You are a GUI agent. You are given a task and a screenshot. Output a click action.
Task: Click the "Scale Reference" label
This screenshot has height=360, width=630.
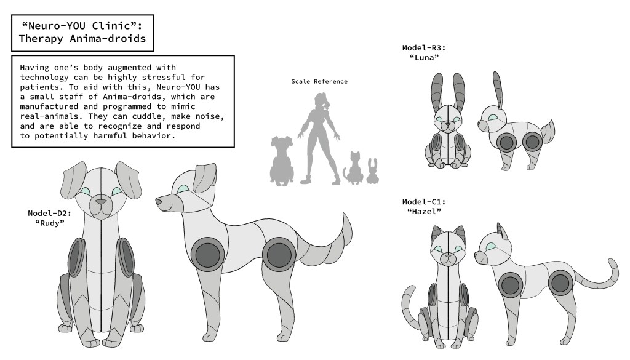coord(319,82)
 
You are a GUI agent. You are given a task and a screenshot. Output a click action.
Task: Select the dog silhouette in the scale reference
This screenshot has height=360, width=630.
coord(282,161)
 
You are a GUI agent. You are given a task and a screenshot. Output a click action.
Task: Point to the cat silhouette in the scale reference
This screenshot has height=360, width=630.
coord(354,169)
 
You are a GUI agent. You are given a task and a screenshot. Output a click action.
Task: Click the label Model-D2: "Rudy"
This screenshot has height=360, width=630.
coord(49,218)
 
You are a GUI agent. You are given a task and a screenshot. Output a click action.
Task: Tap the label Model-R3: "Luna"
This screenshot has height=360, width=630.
coord(424,53)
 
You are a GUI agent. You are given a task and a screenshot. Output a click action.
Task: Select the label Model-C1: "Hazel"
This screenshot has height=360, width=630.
coord(424,207)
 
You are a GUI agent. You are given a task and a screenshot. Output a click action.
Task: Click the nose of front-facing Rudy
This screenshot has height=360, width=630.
coord(101,202)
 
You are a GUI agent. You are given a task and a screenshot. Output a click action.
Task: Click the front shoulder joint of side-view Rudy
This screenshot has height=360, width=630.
coord(208,254)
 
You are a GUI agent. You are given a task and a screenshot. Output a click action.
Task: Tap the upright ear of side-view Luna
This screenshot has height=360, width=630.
coord(497,90)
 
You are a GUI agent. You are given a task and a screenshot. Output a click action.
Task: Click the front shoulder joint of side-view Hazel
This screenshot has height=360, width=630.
coord(511,286)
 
